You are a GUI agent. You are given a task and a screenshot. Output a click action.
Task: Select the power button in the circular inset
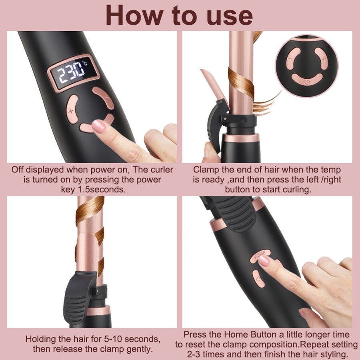(x=306, y=80)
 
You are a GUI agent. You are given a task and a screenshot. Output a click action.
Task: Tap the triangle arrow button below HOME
(x=258, y=278)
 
